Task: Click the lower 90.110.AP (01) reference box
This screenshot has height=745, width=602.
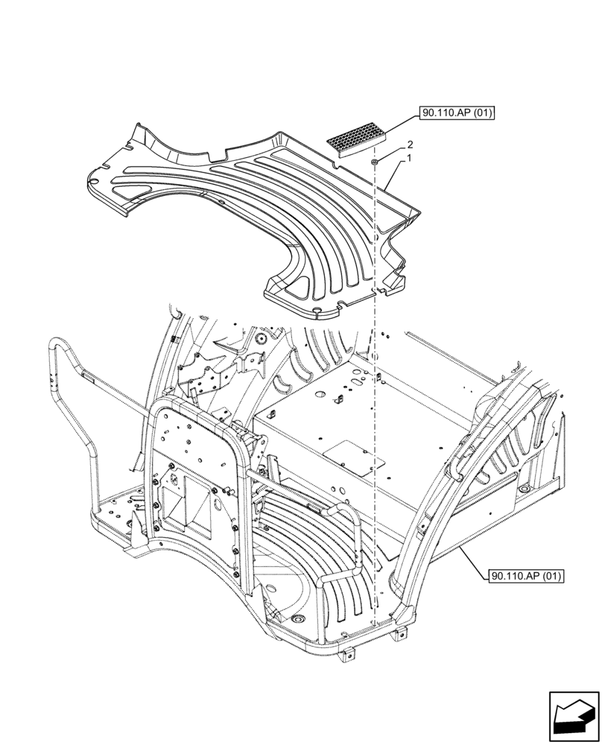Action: coord(527,576)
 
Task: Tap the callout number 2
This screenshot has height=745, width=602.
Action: coord(388,146)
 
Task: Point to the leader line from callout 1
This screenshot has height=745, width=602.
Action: coord(394,171)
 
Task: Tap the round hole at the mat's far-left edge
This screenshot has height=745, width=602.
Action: coord(93,180)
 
